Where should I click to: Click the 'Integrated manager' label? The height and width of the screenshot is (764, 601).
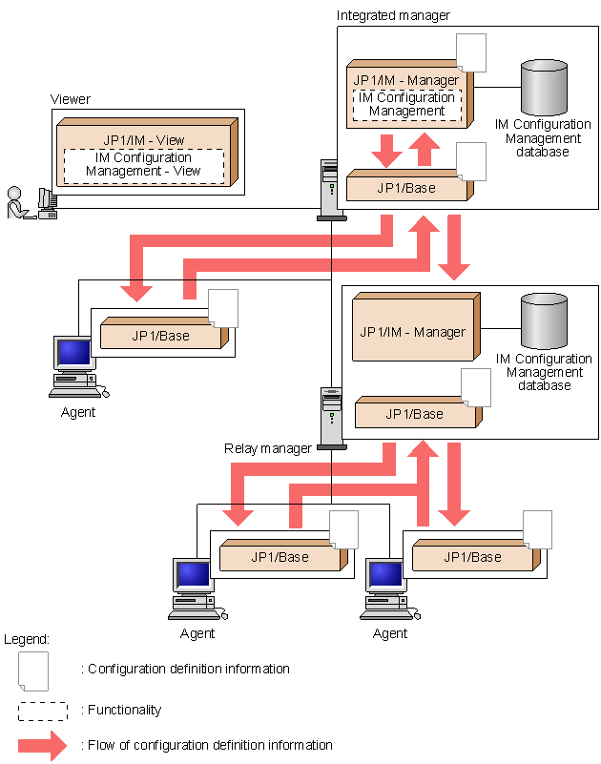393,15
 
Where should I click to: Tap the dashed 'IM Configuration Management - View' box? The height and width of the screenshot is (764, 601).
143,164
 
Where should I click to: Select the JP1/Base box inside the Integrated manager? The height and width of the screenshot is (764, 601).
406,187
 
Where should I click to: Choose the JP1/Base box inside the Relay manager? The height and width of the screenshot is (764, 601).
414,414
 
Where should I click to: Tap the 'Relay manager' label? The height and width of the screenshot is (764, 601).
268,448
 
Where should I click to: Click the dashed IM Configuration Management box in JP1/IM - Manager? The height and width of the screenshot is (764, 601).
407,104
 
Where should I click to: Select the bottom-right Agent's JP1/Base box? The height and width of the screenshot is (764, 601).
472,557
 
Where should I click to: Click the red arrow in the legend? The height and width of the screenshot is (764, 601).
43,745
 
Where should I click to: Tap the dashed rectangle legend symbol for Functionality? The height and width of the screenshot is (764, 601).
43,711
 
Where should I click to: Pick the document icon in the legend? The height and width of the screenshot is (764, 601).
34,670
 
